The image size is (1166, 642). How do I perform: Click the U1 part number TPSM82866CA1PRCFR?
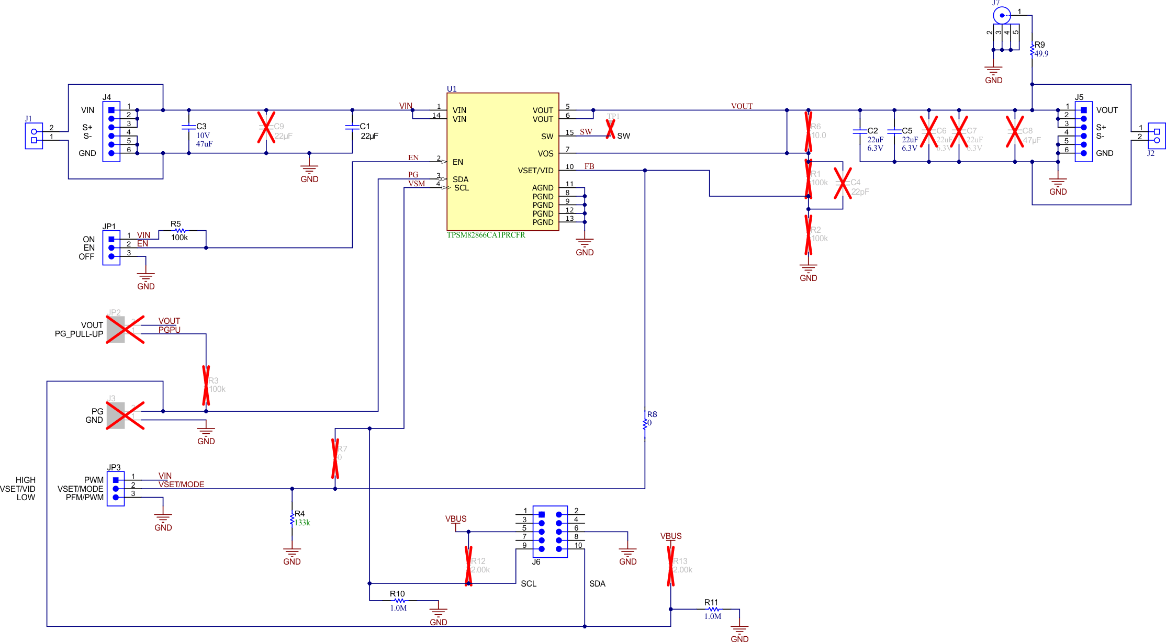(x=486, y=235)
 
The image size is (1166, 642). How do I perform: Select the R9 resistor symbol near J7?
(x=1032, y=50)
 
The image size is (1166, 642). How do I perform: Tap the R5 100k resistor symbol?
(x=180, y=230)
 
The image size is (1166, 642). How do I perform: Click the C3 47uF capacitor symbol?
(x=188, y=127)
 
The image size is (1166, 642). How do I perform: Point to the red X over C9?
(x=266, y=127)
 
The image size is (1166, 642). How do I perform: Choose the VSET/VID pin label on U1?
(x=535, y=171)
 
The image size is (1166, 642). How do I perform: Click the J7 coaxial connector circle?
(x=1002, y=16)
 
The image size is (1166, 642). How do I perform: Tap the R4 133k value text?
(x=302, y=523)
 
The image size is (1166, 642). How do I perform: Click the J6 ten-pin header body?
(x=550, y=532)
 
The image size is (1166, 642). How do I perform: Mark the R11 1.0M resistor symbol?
(x=713, y=609)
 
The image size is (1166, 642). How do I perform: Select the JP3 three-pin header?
(x=116, y=489)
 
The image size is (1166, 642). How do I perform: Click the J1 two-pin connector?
(x=34, y=136)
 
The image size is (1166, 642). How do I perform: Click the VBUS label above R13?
(x=670, y=536)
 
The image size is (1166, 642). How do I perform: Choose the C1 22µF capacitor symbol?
(x=352, y=127)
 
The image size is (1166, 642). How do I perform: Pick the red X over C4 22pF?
(x=843, y=183)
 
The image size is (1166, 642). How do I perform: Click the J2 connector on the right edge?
(x=1157, y=136)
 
